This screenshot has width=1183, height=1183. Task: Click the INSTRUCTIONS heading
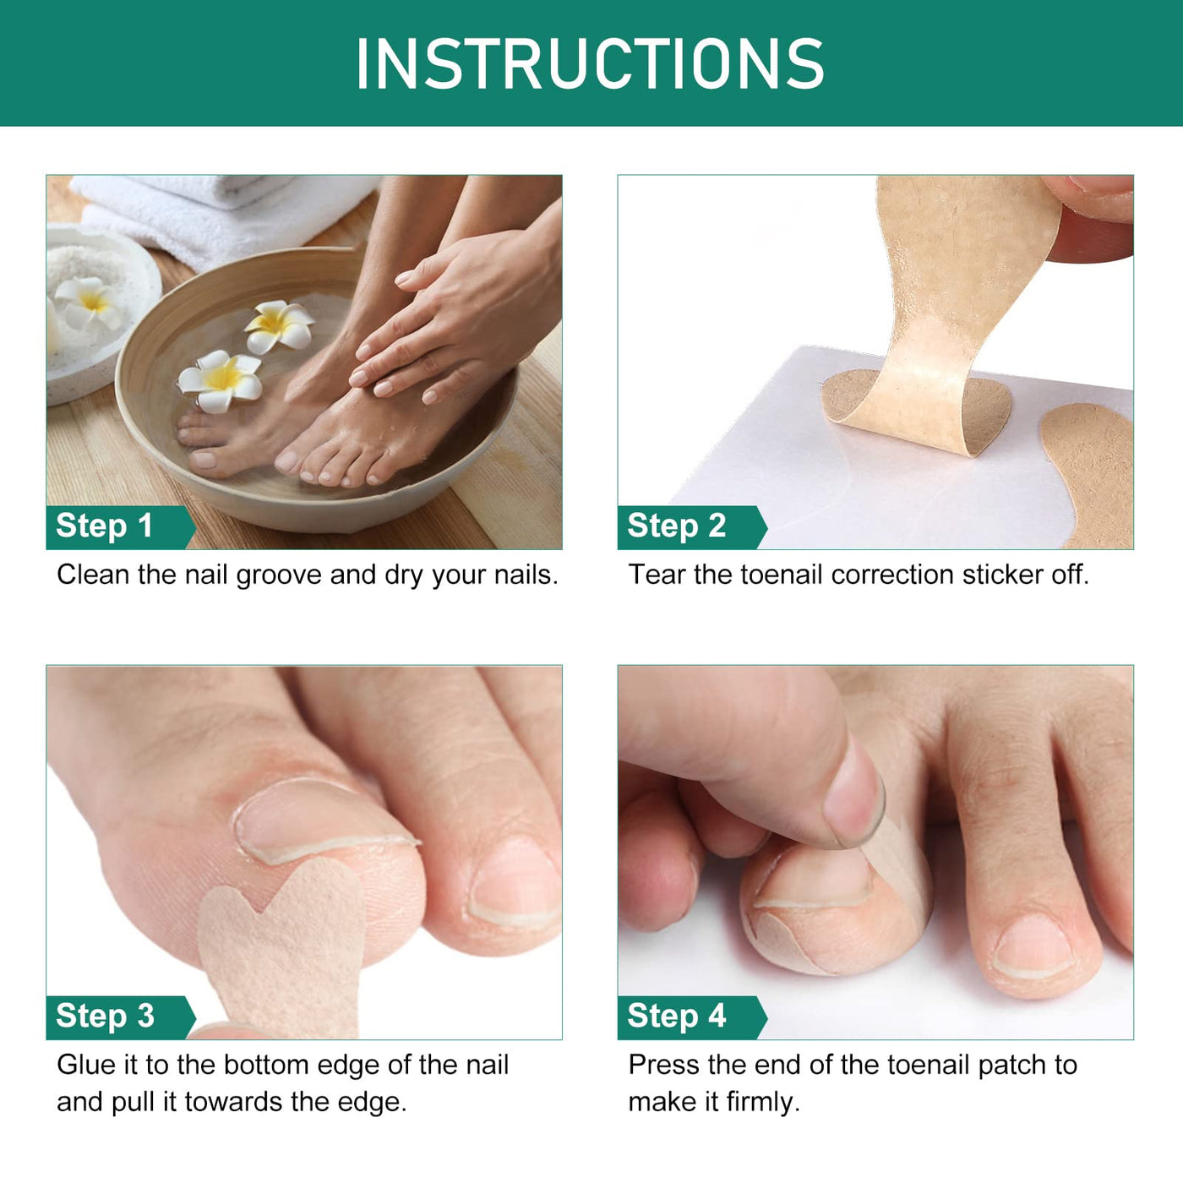(590, 63)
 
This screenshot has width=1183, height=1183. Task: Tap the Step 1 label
(104, 526)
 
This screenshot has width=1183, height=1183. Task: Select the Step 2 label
(677, 526)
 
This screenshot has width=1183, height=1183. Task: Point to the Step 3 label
(105, 1016)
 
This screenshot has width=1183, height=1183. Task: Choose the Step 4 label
(677, 1016)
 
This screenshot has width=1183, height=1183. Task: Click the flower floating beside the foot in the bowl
(220, 381)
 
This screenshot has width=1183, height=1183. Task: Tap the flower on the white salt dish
(89, 302)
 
